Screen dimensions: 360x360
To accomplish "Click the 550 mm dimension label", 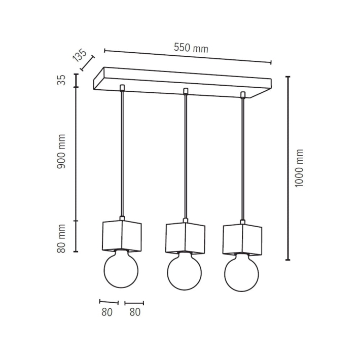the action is [191, 48].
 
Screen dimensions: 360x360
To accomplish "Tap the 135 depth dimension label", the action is [80, 56].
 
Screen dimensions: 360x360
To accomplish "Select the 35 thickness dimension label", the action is [61, 80].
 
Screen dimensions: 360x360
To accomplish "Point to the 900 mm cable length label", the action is [61, 152].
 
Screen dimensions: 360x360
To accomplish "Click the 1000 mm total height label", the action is [299, 168].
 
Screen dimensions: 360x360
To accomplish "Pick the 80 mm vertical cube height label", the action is [61, 239].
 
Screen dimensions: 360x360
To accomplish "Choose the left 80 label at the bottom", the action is [107, 312].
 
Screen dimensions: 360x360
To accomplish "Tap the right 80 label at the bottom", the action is [135, 312].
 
